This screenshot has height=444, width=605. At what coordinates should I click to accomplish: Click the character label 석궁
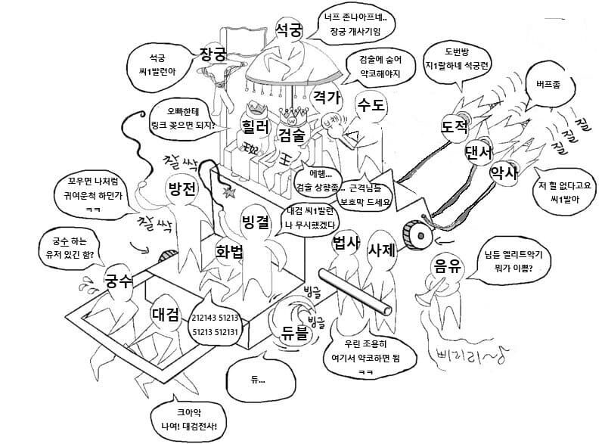(289, 30)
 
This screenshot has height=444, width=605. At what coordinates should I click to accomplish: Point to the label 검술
(292, 135)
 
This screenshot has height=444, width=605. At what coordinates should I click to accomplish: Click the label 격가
(327, 97)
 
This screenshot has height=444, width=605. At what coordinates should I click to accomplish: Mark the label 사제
(383, 250)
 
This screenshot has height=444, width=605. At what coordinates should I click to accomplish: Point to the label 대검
(164, 312)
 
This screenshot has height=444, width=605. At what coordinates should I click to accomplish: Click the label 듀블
(296, 330)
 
